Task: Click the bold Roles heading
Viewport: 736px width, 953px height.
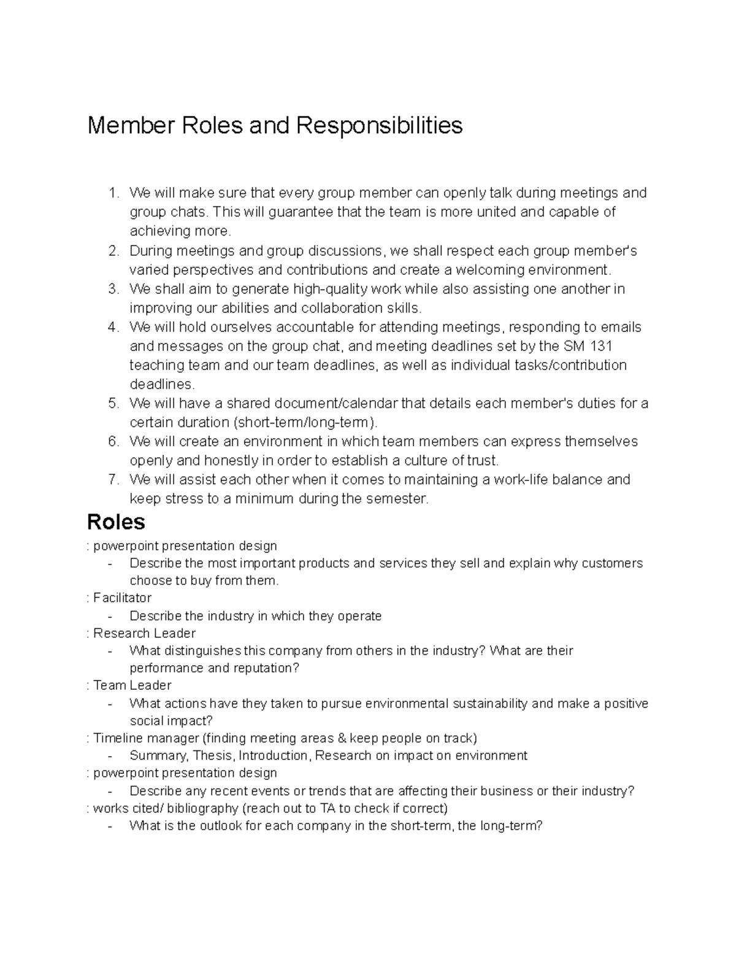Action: click(116, 522)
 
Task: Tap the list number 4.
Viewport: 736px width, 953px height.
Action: click(112, 327)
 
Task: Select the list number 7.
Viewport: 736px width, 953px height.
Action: click(112, 479)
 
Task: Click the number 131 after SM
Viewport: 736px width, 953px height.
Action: click(600, 346)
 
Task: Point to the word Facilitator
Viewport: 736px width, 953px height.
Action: click(122, 598)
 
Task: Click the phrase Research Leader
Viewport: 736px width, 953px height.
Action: click(144, 633)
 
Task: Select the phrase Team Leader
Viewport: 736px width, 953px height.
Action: click(132, 685)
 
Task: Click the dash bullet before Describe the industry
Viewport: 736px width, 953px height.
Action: click(110, 616)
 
